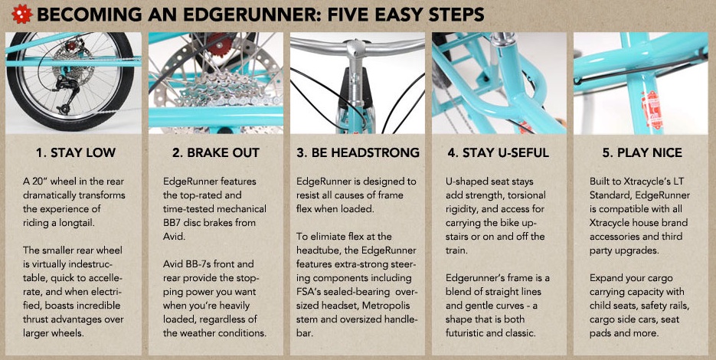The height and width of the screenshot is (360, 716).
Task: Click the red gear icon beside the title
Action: click(x=22, y=14)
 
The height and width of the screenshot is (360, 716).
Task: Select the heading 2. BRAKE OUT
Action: click(x=215, y=152)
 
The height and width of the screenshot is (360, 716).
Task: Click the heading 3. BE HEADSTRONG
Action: click(x=358, y=152)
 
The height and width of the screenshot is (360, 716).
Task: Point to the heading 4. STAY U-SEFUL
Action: click(x=499, y=152)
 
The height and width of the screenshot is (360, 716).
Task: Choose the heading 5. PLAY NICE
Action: click(x=642, y=152)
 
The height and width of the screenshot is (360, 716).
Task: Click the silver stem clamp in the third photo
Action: click(x=357, y=51)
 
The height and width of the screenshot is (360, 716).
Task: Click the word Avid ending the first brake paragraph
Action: click(x=172, y=237)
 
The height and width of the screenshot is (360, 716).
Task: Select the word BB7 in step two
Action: click(x=173, y=223)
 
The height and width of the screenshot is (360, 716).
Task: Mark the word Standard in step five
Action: click(x=610, y=195)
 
